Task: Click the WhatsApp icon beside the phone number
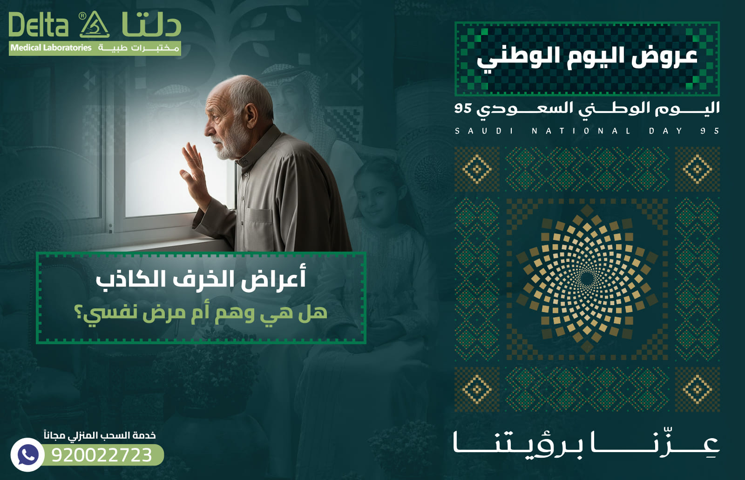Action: coord(27,454)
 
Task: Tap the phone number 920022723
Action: coord(102,455)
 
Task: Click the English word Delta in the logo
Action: coord(39,25)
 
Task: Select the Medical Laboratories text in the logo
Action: coord(51,47)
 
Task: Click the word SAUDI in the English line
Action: coord(484,131)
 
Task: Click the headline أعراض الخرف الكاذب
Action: coord(201,279)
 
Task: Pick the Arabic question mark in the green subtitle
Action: coord(79,313)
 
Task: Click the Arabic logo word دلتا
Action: coord(151,25)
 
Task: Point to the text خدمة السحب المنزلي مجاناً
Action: coord(100,435)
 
